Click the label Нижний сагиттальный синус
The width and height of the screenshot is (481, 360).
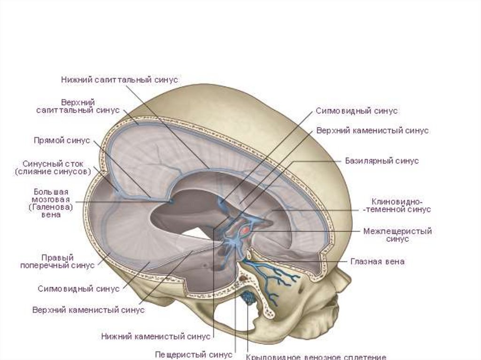point(119,80)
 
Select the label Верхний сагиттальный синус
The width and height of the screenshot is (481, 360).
point(78,106)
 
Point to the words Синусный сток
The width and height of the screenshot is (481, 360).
point(53,164)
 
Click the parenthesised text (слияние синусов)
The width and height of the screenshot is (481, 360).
point(53,172)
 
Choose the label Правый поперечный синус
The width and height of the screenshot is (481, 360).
point(57,261)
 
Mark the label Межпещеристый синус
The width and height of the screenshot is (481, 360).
point(397,235)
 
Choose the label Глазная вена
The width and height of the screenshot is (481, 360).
point(377,262)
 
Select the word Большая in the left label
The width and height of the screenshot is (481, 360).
point(51,191)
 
